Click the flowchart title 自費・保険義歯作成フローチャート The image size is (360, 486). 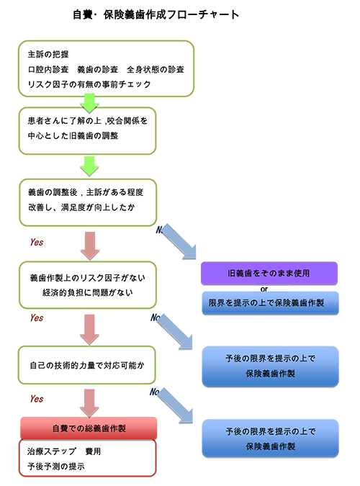(x=156, y=14)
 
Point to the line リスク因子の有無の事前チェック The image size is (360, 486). (x=89, y=84)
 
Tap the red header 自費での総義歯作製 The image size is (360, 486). (x=89, y=428)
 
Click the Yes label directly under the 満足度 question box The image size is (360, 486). (x=37, y=243)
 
